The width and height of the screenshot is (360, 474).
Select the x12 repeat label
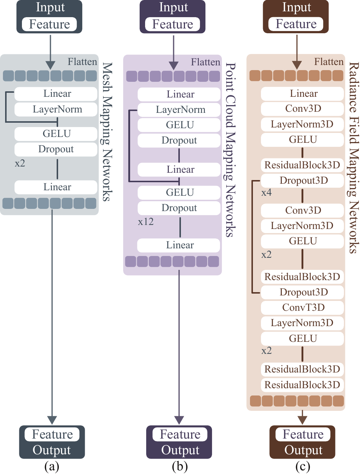[x=145, y=222]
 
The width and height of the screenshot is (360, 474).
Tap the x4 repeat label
[x=266, y=192]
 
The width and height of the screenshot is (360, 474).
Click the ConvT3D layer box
[x=303, y=307]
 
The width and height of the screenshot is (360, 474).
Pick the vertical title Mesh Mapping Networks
[x=106, y=131]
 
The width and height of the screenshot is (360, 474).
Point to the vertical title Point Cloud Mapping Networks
[x=230, y=150]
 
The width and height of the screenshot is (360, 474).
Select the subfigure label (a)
[x=52, y=466]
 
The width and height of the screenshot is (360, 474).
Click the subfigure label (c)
[x=303, y=466]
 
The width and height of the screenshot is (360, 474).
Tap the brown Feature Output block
[x=302, y=442]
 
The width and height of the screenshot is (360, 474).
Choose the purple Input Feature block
[x=173, y=16]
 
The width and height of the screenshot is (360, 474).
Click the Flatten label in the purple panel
[x=205, y=62]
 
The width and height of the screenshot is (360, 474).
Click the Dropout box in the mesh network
[x=56, y=149]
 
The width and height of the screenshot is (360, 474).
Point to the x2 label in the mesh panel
[x=20, y=163]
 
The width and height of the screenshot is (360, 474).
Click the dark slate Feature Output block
[x=52, y=442]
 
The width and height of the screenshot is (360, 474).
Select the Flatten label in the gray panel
[x=82, y=62]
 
